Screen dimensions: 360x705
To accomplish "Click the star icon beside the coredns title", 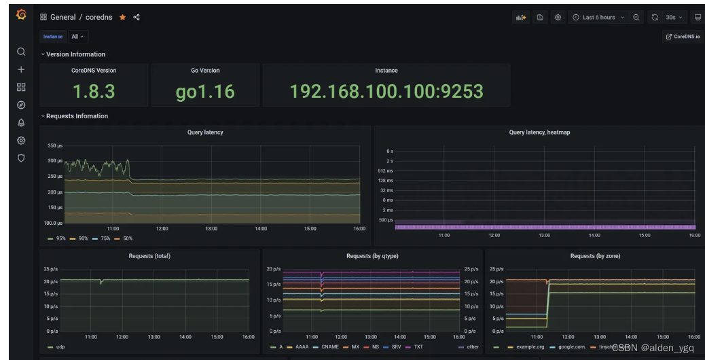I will (x=123, y=18).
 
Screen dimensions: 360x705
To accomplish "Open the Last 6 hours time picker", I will (x=598, y=18).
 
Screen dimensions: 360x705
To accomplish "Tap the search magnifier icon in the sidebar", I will (x=21, y=52).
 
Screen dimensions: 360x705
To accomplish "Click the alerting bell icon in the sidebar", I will (x=21, y=123).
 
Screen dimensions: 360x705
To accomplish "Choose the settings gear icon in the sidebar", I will (x=21, y=141).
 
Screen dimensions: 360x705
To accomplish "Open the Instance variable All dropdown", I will (x=77, y=37).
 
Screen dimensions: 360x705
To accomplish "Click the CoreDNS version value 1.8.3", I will (x=94, y=91).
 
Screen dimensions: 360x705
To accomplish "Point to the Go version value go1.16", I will (x=205, y=91).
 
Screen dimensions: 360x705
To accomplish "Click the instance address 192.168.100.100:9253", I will (x=386, y=91).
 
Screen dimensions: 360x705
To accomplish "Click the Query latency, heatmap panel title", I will (x=539, y=132).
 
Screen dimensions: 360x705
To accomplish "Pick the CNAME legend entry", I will (x=329, y=346).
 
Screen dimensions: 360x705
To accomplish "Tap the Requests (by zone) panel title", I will (x=595, y=256).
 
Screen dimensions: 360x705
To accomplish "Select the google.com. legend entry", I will (x=571, y=346).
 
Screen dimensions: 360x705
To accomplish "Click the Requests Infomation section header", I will (x=77, y=116).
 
